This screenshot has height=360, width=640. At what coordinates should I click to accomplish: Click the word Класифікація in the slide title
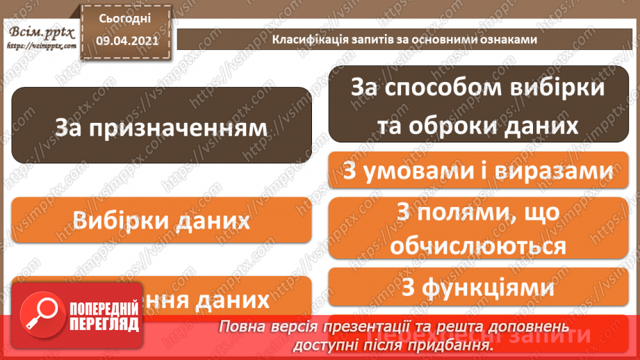point(300,40)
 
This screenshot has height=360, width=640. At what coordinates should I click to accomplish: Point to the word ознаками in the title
point(509,40)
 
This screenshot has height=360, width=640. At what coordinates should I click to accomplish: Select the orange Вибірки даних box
point(161,220)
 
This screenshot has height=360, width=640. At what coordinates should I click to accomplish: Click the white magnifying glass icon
point(38,315)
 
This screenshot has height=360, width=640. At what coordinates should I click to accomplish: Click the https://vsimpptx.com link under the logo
point(40,46)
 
